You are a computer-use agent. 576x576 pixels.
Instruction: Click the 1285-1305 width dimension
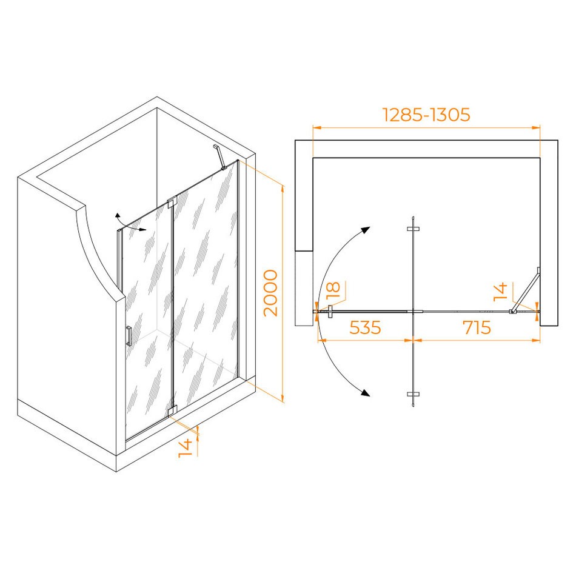pos(426,115)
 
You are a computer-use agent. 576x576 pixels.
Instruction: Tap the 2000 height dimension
pos(271,293)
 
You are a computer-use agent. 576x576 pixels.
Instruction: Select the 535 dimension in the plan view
pos(365,327)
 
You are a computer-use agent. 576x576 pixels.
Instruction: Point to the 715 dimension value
pos(477,327)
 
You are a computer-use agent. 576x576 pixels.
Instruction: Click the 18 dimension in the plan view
pos(333,290)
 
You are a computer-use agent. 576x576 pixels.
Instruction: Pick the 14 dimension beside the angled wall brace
pos(500,292)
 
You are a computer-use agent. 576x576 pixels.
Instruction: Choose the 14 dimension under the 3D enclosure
pos(185,448)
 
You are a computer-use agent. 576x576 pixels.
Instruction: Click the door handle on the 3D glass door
pos(129,336)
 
